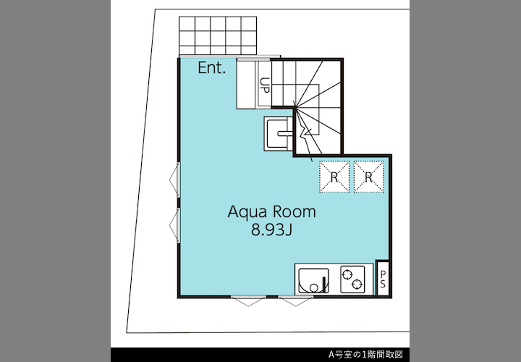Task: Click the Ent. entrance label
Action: point(211,68)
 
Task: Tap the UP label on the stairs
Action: point(265,85)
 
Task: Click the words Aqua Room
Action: point(271,212)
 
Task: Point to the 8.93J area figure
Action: point(271,230)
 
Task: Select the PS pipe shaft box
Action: point(383,278)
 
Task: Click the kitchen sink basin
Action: point(313,281)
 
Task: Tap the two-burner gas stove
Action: point(352,279)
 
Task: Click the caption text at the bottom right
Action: point(365,354)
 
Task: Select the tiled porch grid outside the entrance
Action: point(218,35)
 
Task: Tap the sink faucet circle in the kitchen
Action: point(313,288)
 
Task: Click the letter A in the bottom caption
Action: point(331,355)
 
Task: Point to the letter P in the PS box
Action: point(383,274)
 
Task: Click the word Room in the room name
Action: point(295,212)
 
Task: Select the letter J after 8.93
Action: point(289,230)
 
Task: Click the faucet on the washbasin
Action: point(285,134)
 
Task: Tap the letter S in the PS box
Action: point(383,285)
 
